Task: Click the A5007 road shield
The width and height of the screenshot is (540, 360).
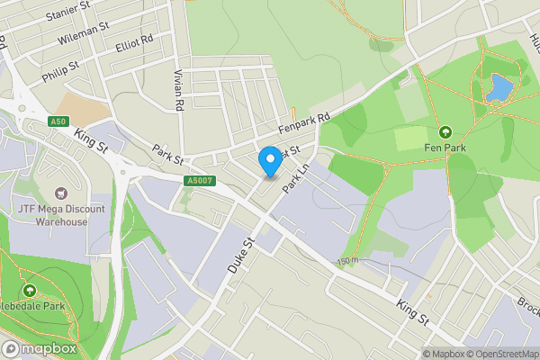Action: pyautogui.click(x=201, y=181)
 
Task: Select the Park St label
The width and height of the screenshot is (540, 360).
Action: pyautogui.click(x=167, y=154)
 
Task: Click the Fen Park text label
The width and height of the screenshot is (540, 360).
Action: pyautogui.click(x=445, y=148)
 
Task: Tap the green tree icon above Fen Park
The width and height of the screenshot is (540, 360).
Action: pyautogui.click(x=445, y=131)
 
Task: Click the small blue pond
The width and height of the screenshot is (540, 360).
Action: pyautogui.click(x=498, y=89)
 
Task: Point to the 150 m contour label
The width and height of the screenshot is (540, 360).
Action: pyautogui.click(x=347, y=260)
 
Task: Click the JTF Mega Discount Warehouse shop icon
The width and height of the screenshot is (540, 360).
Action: pyautogui.click(x=62, y=192)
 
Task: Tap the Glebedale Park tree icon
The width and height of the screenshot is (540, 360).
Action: pyautogui.click(x=30, y=291)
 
